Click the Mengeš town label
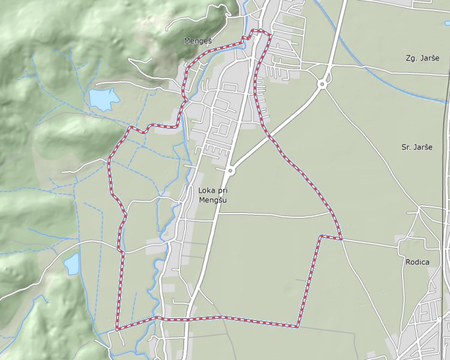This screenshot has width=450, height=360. pyautogui.click(x=197, y=41)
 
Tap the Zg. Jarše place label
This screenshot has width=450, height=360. pyautogui.click(x=419, y=58)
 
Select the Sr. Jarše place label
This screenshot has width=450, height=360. pyautogui.click(x=417, y=147)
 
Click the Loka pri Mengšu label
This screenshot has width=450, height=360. pyautogui.click(x=213, y=194)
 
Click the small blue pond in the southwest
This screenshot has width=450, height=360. pyautogui.click(x=72, y=263)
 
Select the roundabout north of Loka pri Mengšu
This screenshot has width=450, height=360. pyautogui.click(x=231, y=170)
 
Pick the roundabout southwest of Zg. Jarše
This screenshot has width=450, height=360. pyautogui.click(x=323, y=84)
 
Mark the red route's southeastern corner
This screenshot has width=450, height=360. pyautogui.click(x=298, y=327)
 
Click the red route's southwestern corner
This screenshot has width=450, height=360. pyautogui.click(x=116, y=329)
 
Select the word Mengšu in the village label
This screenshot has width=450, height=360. pyautogui.click(x=213, y=200)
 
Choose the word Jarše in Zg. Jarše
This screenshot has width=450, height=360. pyautogui.click(x=425, y=58)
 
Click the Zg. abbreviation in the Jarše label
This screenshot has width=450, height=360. pyautogui.click(x=411, y=58)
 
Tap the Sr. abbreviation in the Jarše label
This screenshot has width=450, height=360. pyautogui.click(x=407, y=147)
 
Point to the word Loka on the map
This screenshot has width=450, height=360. pyautogui.click(x=206, y=190)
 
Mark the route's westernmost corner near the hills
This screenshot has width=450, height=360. pyautogui.click(x=109, y=160)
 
